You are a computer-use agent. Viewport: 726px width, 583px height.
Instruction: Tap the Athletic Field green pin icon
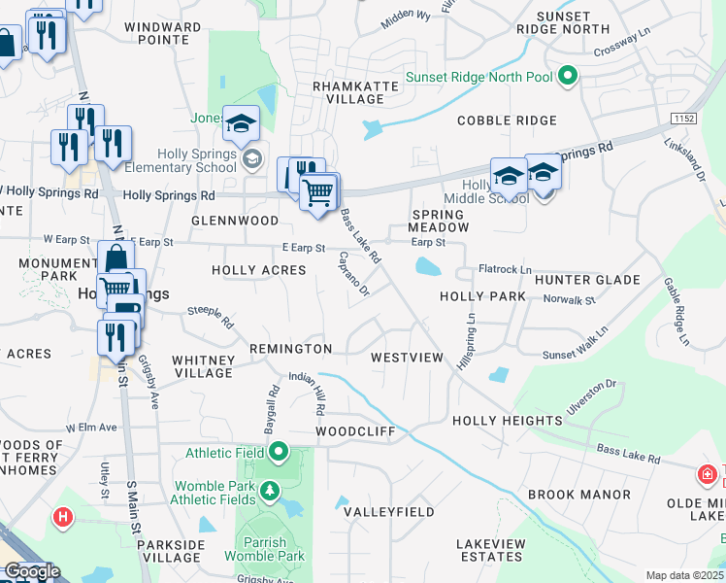pyautogui.click(x=280, y=452)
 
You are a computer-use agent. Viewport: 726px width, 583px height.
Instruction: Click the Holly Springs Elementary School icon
pyautogui.click(x=252, y=158)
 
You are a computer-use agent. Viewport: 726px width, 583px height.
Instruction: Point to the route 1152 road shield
pyautogui.click(x=684, y=118)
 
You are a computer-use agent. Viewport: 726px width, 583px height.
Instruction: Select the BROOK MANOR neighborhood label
pyautogui.click(x=579, y=495)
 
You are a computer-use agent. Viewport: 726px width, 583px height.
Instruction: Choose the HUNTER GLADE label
pyautogui.click(x=587, y=280)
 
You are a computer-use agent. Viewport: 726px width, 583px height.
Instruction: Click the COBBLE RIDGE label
pyautogui.click(x=507, y=120)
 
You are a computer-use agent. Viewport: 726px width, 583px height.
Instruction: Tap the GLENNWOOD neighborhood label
pyautogui.click(x=235, y=221)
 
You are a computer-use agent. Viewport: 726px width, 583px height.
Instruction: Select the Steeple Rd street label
pyautogui.click(x=212, y=316)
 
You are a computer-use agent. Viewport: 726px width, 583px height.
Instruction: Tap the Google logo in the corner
pyautogui.click(x=32, y=571)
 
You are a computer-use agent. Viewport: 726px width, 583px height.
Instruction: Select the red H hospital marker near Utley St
pyautogui.click(x=64, y=517)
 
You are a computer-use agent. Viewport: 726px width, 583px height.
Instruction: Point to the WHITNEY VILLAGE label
pyautogui.click(x=203, y=366)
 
